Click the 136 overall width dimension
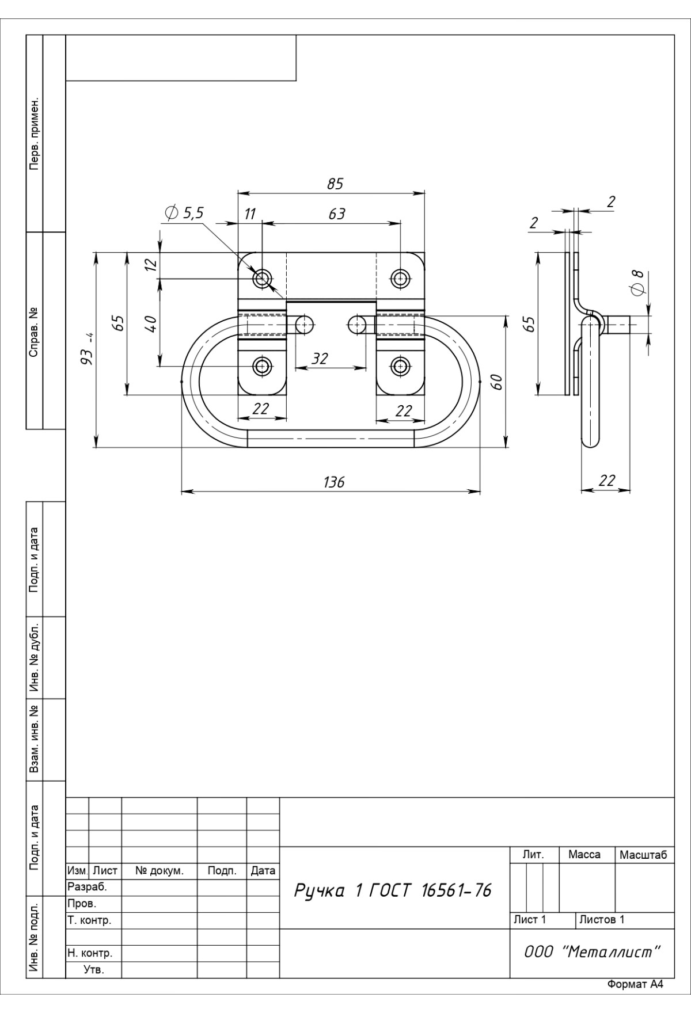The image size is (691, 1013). coord(334,482)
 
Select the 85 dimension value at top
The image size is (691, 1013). coord(335,184)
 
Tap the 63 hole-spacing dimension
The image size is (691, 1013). coord(337,214)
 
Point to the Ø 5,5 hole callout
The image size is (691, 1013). coord(184,214)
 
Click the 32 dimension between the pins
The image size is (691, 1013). coord(320,359)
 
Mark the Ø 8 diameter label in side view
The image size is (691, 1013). coord(637,282)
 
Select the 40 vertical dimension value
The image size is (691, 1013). coord(151,323)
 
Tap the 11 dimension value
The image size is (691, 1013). coord(249,214)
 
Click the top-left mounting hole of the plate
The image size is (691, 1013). coord(263,279)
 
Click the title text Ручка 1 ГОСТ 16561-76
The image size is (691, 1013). coord(393,891)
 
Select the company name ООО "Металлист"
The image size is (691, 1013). coord(591,952)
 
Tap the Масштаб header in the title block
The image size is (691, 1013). coord(644,855)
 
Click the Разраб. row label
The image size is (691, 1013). coord(88,887)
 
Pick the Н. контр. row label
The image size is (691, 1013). coord(90,953)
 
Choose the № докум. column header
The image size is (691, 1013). coord(159,871)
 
